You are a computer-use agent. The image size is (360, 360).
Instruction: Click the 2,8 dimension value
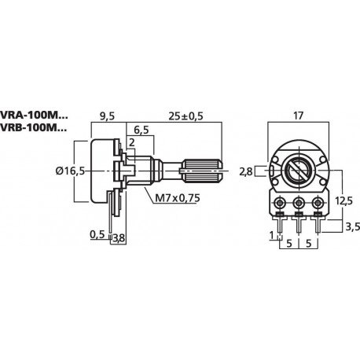246,171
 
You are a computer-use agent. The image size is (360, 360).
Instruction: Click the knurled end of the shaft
202,168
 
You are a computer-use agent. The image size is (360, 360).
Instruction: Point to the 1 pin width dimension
271,235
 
